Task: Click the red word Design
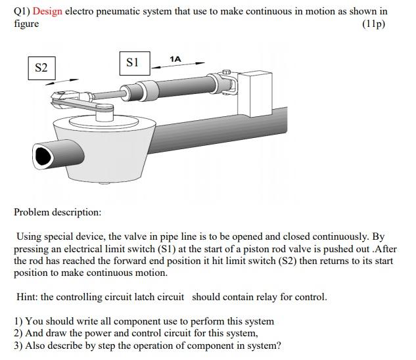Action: (47, 11)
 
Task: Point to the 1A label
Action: (175, 59)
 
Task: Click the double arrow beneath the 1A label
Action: (178, 65)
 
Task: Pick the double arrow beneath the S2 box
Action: (62, 82)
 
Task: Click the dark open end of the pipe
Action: (43, 156)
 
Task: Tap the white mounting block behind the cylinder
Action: (255, 94)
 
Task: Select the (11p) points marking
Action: (373, 24)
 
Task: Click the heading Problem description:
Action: (58, 212)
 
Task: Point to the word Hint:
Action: (27, 296)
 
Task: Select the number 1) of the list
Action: (18, 321)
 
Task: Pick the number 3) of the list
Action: (18, 346)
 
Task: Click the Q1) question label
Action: (22, 11)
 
